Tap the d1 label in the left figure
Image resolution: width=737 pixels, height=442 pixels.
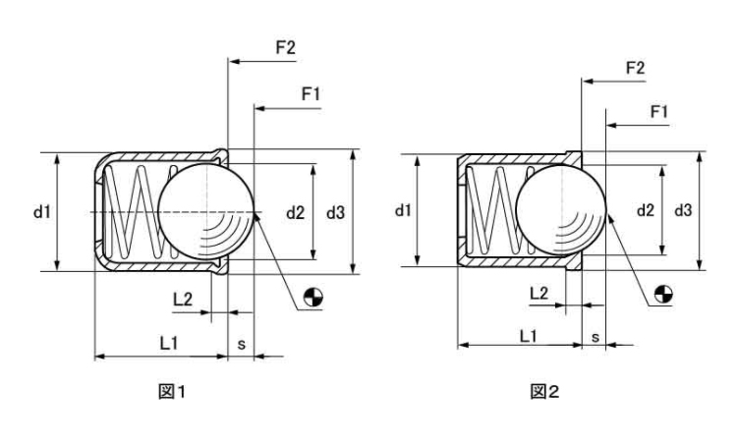41,211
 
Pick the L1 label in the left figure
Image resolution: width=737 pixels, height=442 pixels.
168,342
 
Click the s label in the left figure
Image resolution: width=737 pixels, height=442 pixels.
242,342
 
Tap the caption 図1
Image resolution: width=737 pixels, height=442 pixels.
173,392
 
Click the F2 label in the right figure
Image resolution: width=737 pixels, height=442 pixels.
635,67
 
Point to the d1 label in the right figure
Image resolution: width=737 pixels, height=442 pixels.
403,210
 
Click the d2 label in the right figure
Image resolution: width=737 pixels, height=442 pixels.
646,210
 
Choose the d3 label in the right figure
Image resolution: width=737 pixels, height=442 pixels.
684,210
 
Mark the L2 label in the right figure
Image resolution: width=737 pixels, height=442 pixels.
539,292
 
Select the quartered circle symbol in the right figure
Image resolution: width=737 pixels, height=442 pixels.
664,292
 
